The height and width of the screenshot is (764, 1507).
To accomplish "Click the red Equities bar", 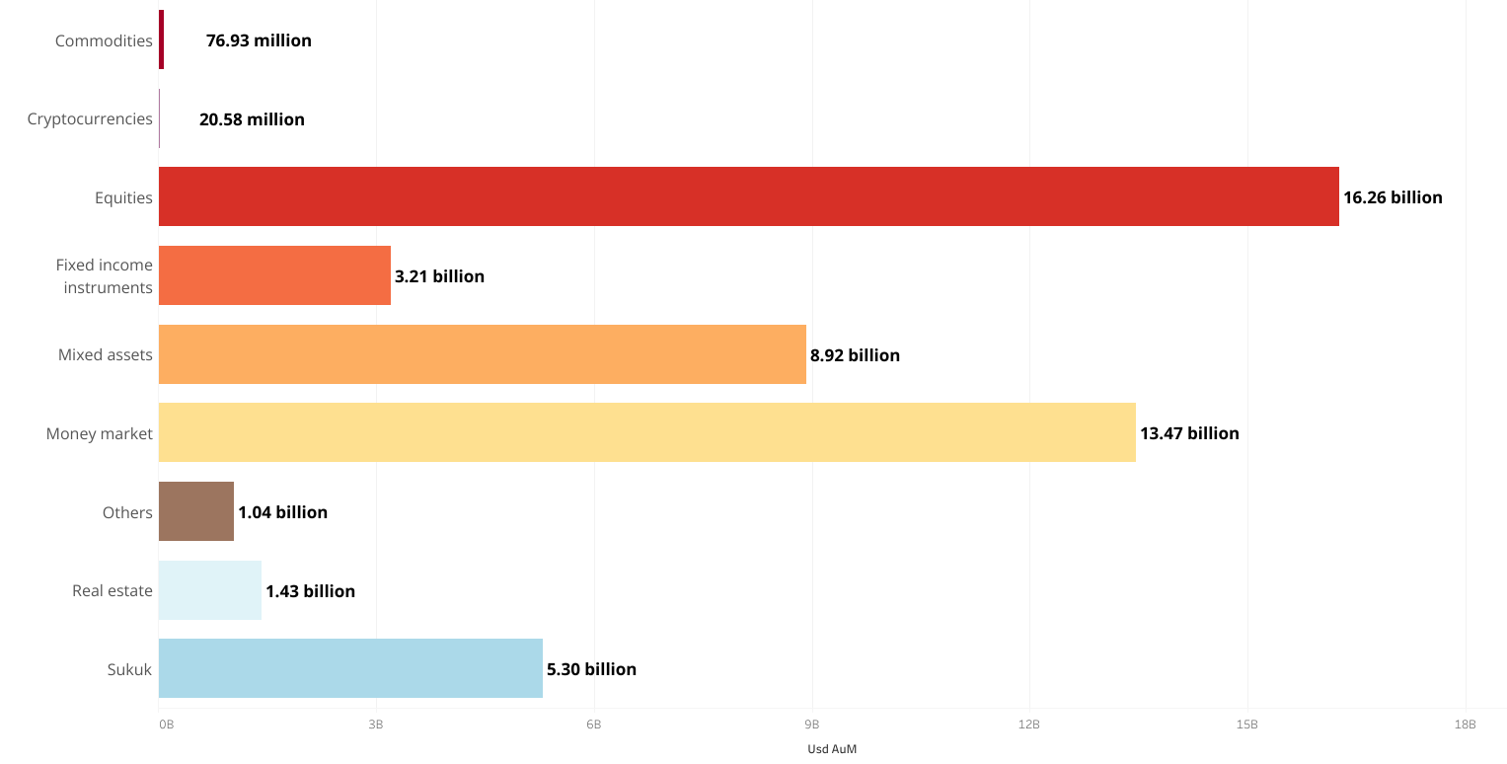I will pos(748,196).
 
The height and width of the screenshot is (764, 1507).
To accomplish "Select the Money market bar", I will pos(646,432).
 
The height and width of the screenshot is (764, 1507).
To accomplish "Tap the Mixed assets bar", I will pos(482,354).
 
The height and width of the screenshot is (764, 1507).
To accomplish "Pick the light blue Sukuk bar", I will pos(350,668).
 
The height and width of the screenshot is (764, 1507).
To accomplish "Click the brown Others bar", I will pos(196,511).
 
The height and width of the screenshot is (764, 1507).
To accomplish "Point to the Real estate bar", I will pos(210,590).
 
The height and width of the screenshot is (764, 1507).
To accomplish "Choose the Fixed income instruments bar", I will pos(274,275).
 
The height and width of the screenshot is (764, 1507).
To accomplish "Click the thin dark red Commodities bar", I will pos(161,39).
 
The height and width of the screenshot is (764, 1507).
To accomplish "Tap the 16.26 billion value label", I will pos(1393,197).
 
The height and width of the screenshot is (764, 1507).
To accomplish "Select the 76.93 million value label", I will pos(259,40).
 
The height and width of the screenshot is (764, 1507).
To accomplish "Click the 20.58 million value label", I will pos(252,119).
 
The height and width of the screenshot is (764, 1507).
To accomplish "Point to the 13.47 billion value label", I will pos(1189,433).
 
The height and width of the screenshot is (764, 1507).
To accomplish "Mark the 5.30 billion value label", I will pos(591,669).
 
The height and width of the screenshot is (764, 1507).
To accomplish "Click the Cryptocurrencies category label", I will pos(90,119).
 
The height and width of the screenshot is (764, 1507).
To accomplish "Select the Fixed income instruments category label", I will pos(104,276).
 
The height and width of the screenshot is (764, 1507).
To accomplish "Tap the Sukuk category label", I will pos(129,669).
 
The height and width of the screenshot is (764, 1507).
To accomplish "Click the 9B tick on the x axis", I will pos(811,725).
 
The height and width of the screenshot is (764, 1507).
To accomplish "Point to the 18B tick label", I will pos(1465,725).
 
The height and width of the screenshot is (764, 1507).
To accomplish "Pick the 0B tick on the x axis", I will pos(166,725).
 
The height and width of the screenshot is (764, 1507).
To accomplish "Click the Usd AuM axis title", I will pos(832,749).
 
